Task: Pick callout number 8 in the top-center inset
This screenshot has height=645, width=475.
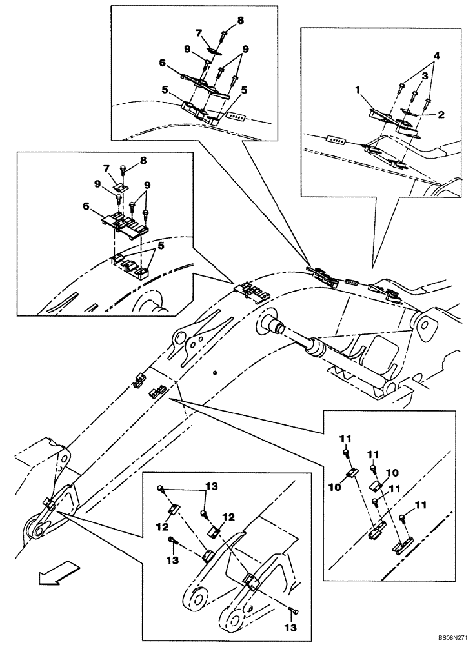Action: [240, 20]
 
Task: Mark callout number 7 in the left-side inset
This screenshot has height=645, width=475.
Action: [108, 168]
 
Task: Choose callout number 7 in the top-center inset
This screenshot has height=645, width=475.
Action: [199, 32]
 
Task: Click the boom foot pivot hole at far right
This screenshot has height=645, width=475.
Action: [425, 323]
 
